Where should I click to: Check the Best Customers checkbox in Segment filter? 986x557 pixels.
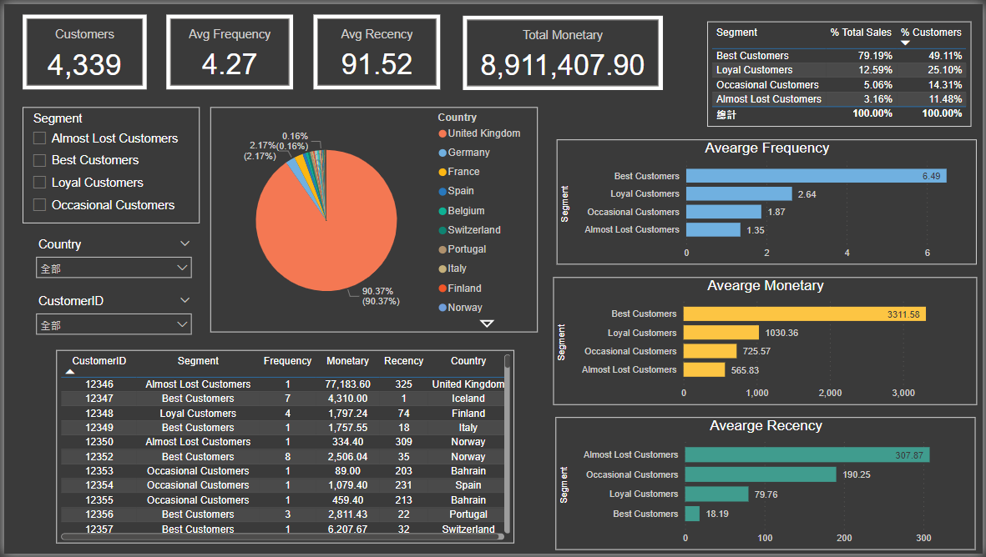pyautogui.click(x=39, y=160)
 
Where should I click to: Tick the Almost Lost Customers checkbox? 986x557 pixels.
pyautogui.click(x=39, y=138)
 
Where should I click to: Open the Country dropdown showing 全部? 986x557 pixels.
pyautogui.click(x=114, y=268)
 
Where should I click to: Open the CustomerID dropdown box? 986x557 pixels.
pyautogui.click(x=114, y=324)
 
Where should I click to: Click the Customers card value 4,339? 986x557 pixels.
pyautogui.click(x=84, y=64)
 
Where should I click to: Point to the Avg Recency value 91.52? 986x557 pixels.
pyautogui.click(x=377, y=64)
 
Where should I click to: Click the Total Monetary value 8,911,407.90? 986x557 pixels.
pyautogui.click(x=563, y=65)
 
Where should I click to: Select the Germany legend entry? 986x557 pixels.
pyautogui.click(x=468, y=153)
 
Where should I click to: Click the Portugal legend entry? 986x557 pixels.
pyautogui.click(x=467, y=249)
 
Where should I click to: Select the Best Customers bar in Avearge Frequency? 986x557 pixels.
pyautogui.click(x=816, y=176)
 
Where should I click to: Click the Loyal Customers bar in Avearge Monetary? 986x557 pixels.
pyautogui.click(x=721, y=333)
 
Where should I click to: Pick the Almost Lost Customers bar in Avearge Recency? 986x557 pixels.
pyautogui.click(x=806, y=454)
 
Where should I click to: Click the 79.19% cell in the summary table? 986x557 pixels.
pyautogui.click(x=874, y=56)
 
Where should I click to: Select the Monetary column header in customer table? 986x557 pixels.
pyautogui.click(x=347, y=361)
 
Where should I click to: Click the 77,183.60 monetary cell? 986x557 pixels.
pyautogui.click(x=347, y=384)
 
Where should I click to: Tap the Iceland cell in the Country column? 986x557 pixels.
pyautogui.click(x=468, y=399)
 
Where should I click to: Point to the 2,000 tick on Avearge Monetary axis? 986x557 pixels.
pyautogui.click(x=829, y=393)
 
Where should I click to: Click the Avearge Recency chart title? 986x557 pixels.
pyautogui.click(x=766, y=426)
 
